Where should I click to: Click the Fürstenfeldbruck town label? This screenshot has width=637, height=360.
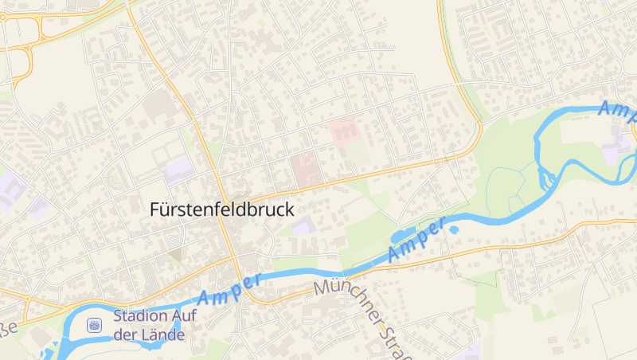[222, 209]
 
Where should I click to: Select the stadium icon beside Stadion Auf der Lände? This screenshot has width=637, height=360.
[95, 324]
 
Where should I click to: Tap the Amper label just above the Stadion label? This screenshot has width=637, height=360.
[229, 291]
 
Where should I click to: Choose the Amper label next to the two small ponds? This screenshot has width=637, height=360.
[416, 240]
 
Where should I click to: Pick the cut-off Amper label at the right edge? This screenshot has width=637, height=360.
[617, 109]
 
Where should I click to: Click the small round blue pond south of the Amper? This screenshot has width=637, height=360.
[454, 230]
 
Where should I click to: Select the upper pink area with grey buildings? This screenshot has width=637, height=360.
[343, 130]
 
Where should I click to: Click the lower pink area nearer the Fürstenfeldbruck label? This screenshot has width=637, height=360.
[306, 168]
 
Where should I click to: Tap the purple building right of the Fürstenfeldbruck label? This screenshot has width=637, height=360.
[303, 225]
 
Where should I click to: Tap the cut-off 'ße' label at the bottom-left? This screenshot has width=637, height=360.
[9, 330]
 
